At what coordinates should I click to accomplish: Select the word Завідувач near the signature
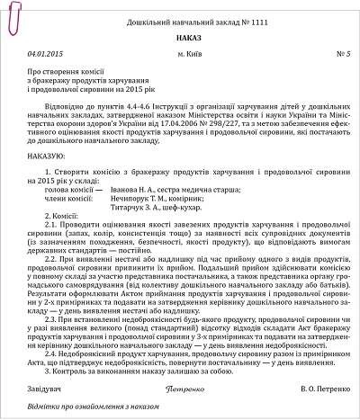coord(45,390)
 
